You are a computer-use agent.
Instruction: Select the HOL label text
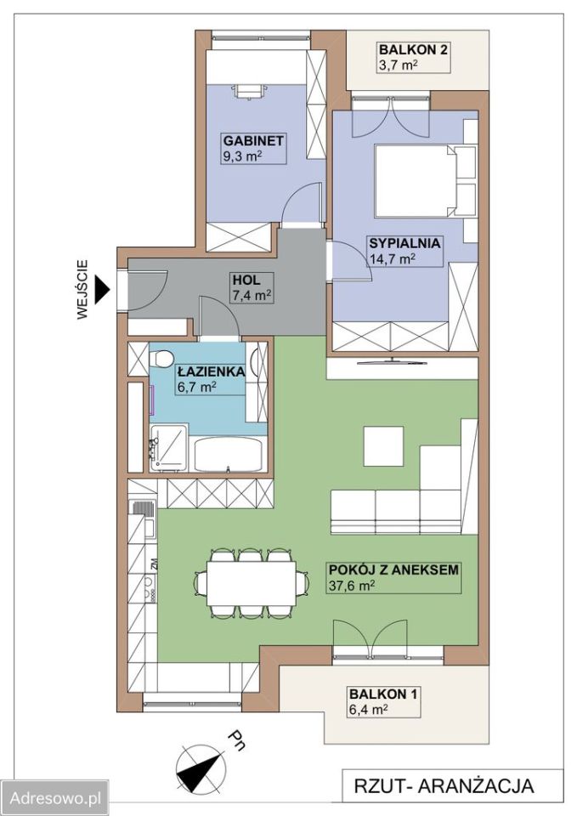tap(246, 280)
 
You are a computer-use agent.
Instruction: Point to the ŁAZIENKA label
tap(211, 371)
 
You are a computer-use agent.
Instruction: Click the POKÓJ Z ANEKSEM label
tap(393, 569)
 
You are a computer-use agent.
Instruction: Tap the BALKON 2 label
tap(413, 50)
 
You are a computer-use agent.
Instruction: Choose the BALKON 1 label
tap(383, 694)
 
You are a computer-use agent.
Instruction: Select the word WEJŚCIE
tap(82, 289)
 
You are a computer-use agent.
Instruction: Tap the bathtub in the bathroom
tap(229, 454)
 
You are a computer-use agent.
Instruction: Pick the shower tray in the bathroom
tap(167, 448)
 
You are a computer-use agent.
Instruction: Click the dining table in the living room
tap(252, 581)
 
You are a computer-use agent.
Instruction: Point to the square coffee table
tap(384, 446)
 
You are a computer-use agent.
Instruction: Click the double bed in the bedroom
tap(415, 180)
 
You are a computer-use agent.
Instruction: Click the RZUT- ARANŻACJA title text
tap(444, 785)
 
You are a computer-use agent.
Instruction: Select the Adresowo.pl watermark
tap(55, 798)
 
